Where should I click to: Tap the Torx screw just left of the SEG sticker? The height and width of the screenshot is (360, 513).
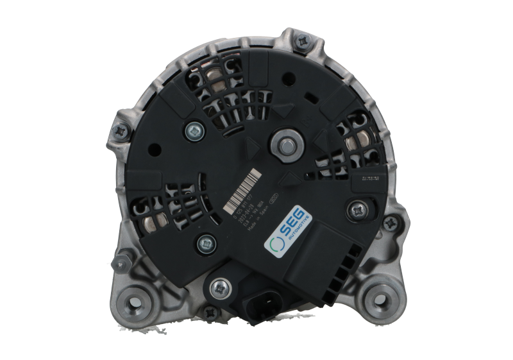coord(205,243)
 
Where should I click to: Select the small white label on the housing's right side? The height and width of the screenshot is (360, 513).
coord(370,176)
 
